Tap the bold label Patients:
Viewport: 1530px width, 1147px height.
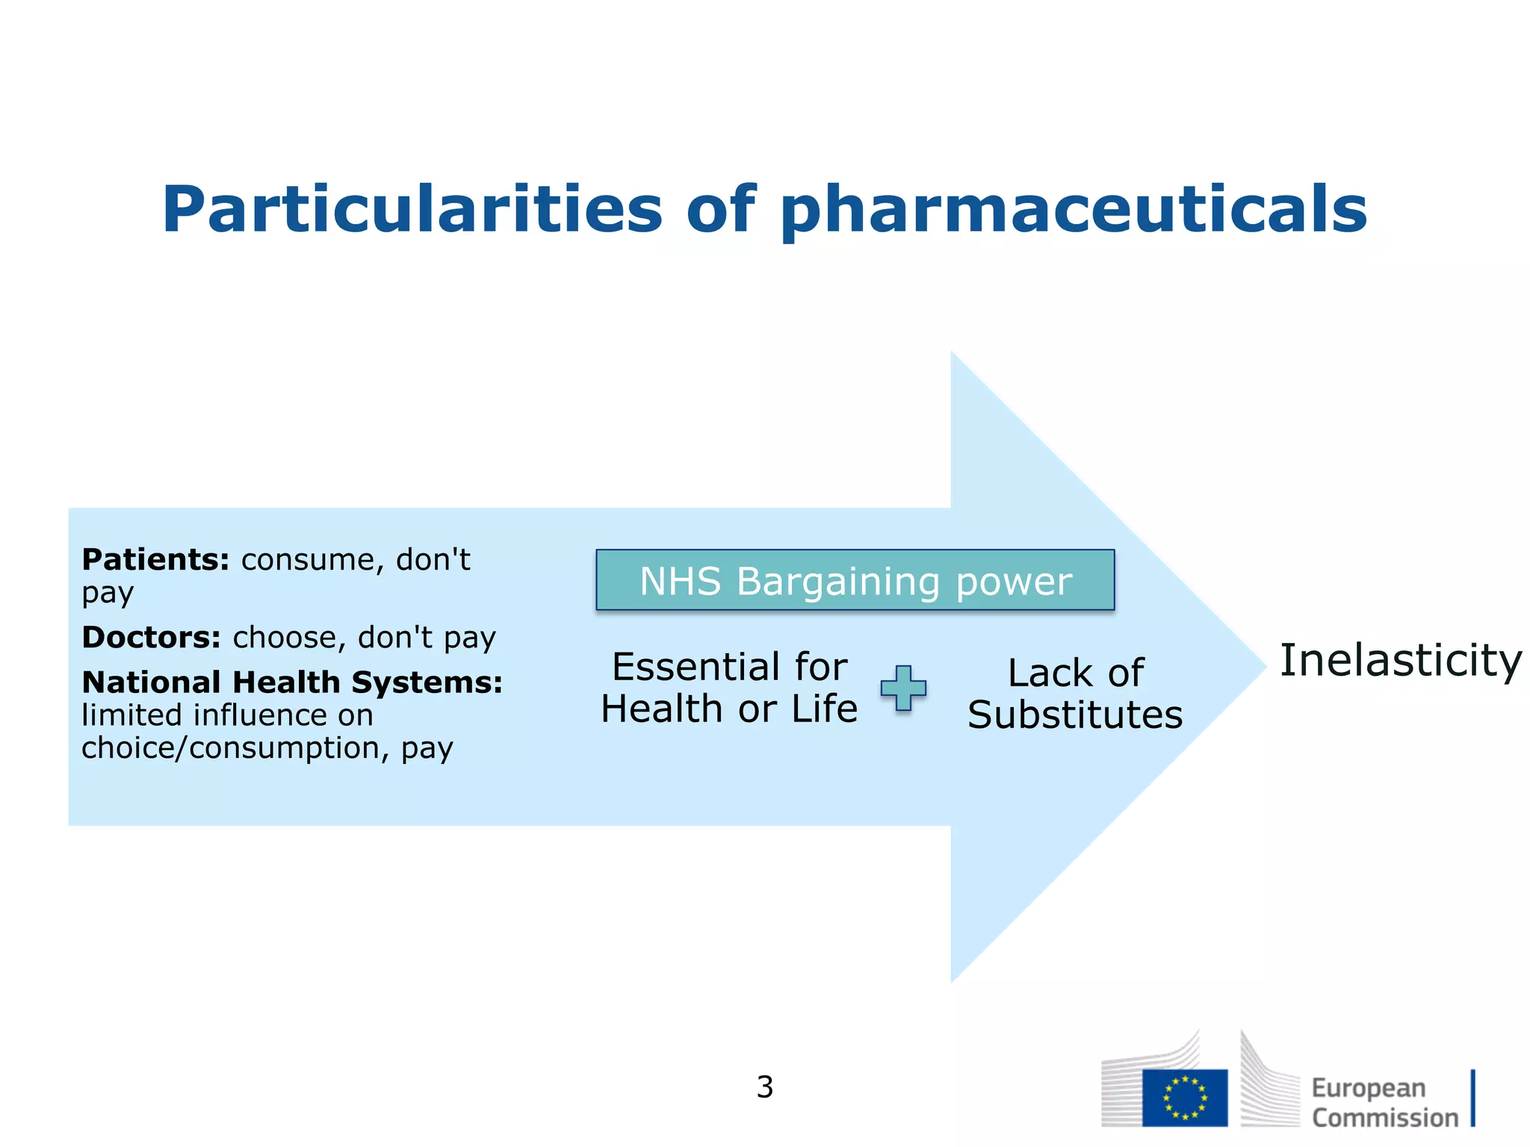tap(155, 559)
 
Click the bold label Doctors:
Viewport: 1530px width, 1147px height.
tap(152, 638)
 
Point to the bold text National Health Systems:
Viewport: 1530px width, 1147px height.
tap(292, 683)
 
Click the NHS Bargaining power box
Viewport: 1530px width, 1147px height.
tap(855, 580)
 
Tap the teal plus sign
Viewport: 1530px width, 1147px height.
tap(903, 688)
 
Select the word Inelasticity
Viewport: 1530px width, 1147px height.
tap(1401, 661)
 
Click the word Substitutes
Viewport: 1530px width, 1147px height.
tap(1075, 715)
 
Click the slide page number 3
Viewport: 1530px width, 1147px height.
tap(764, 1087)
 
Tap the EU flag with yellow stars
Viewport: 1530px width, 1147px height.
tap(1184, 1098)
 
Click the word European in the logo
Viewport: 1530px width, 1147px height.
tap(1368, 1089)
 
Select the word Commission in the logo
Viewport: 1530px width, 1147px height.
tap(1384, 1119)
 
